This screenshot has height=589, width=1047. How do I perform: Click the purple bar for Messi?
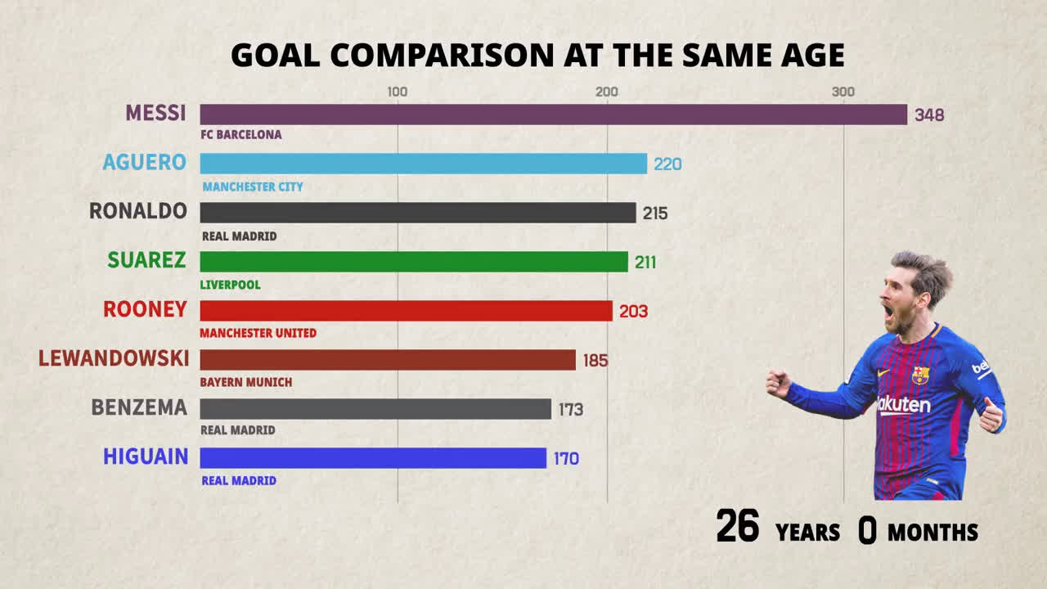[x=553, y=115]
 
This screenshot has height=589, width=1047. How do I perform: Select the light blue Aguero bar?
[x=423, y=164]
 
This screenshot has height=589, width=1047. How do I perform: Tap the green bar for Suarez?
[x=414, y=262]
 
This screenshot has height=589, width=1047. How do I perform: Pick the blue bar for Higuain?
[x=373, y=458]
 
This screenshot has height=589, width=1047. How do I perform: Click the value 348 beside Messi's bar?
[x=929, y=115]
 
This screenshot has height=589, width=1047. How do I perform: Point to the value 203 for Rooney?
[x=633, y=312]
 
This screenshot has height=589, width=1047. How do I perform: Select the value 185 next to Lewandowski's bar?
[x=595, y=360]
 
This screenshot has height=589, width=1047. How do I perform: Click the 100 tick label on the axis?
[x=397, y=92]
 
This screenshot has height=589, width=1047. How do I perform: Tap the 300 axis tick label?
[x=843, y=92]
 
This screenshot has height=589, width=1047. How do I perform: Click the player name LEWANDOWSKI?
[x=114, y=358]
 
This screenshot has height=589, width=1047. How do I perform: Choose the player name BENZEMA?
[x=139, y=407]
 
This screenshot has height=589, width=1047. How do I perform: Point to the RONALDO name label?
[x=138, y=211]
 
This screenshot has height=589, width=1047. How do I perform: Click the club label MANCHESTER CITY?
[x=253, y=187]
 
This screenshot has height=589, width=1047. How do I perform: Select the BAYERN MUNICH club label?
[x=246, y=382]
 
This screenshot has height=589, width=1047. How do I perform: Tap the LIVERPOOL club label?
[x=231, y=285]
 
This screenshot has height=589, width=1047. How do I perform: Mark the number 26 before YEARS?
[x=738, y=526]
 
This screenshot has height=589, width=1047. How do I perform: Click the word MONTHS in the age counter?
[x=932, y=533]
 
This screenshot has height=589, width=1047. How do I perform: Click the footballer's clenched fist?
[x=777, y=383]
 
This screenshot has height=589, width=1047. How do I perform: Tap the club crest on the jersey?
[x=920, y=375]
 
